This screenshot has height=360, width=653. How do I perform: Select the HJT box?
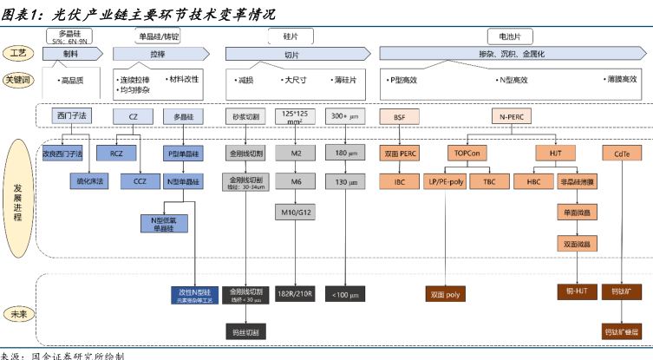[556, 154]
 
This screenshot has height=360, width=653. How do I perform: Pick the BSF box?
[400, 115]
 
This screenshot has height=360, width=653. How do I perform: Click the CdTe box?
[623, 154]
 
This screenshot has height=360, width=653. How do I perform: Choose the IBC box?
[400, 182]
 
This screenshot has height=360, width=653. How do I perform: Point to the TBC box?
[490, 182]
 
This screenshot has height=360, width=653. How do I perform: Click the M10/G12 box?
[296, 212]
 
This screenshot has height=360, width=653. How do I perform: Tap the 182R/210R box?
[296, 293]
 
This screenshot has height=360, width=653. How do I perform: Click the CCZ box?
[140, 182]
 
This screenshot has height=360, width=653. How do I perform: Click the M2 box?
[296, 154]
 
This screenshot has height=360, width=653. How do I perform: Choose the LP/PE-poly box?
[445, 182]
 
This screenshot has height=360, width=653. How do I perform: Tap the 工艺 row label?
[19, 54]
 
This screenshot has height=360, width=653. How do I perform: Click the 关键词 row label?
[19, 79]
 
